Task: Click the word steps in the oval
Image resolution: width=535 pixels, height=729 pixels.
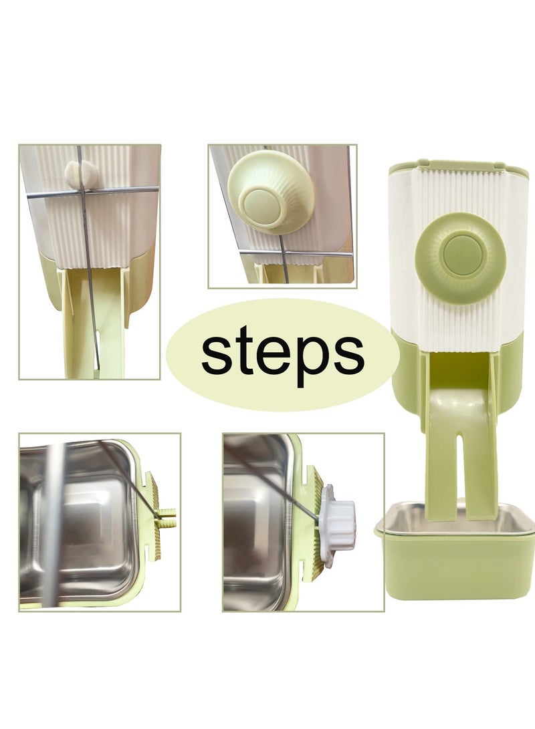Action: (x=282, y=354)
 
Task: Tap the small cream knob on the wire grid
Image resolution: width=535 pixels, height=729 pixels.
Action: (x=82, y=174)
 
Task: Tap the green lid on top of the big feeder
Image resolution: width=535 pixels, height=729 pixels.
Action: (x=458, y=166)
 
